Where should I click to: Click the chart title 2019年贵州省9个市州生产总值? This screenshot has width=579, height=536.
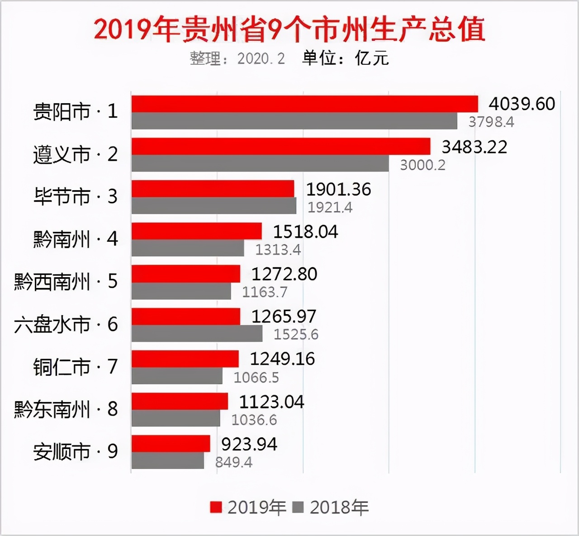[289, 29]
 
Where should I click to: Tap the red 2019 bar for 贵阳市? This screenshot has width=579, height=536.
[304, 104]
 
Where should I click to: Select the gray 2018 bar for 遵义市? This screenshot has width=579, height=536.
[260, 163]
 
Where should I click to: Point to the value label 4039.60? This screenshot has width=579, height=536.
[522, 104]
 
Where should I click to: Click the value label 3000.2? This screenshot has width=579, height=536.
[422, 165]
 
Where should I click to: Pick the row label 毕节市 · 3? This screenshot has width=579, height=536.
[75, 197]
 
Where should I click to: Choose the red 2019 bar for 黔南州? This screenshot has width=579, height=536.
[196, 231]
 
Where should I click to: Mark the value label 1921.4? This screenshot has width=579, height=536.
[330, 207]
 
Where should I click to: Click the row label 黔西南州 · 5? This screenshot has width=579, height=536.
[66, 282]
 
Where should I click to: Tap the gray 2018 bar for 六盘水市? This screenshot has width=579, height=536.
[197, 334]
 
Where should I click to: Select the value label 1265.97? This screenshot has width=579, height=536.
[284, 316]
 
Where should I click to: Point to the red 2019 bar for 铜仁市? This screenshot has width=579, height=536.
[185, 359]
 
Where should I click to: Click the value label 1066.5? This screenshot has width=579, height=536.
[256, 377]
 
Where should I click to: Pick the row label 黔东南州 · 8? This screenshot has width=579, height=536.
[66, 409]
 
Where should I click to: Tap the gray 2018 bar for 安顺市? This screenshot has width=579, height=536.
[167, 461]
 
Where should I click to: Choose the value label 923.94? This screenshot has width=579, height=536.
[249, 444]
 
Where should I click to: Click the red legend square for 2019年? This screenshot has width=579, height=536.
[216, 507]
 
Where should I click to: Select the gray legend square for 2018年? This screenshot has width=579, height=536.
[298, 507]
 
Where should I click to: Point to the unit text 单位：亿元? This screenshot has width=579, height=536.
[345, 58]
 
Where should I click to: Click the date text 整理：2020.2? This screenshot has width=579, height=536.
[237, 58]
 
